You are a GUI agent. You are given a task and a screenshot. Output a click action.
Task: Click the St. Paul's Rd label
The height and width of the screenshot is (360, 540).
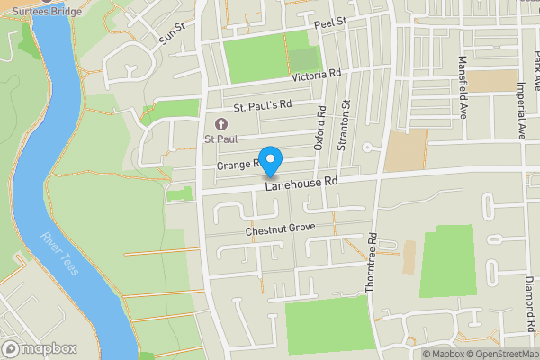[x=264, y=105]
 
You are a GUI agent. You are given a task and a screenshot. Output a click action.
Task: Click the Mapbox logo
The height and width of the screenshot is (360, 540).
[x=39, y=348]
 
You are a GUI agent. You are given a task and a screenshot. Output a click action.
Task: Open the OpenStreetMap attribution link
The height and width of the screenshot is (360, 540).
[x=499, y=353]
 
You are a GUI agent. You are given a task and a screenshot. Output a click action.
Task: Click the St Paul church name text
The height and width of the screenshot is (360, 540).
[x=220, y=139]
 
